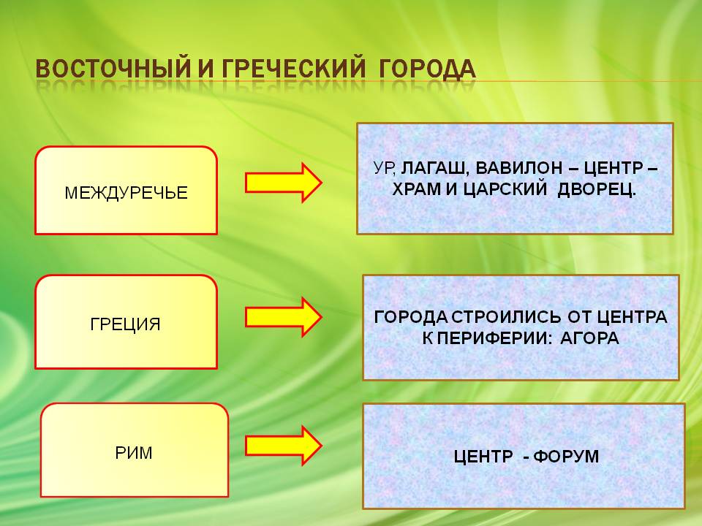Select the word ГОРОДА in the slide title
tap(427, 68)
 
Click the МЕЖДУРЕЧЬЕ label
tap(126, 192)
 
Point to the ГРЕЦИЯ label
tap(125, 324)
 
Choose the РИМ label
tap(134, 453)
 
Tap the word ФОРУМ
tap(566, 457)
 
